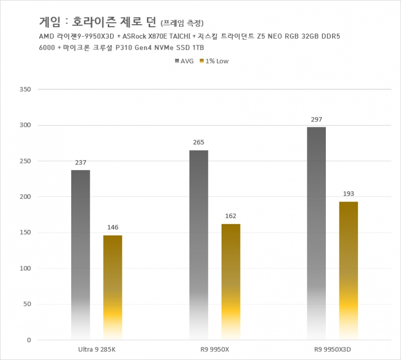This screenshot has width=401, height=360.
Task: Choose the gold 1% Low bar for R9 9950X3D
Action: click(x=348, y=271)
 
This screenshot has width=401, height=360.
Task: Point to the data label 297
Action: click(x=316, y=119)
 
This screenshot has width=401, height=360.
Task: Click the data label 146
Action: click(x=113, y=228)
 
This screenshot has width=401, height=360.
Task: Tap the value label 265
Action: click(x=198, y=142)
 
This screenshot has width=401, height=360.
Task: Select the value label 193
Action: click(x=348, y=194)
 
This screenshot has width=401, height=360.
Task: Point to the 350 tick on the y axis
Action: click(x=25, y=89)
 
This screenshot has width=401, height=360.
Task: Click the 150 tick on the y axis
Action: click(x=25, y=233)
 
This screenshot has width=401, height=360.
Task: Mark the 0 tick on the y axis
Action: click(x=29, y=340)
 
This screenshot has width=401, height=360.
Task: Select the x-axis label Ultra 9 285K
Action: click(x=97, y=348)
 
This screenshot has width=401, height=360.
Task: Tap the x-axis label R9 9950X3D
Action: click(x=332, y=348)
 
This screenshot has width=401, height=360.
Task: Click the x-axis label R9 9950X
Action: click(x=215, y=348)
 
